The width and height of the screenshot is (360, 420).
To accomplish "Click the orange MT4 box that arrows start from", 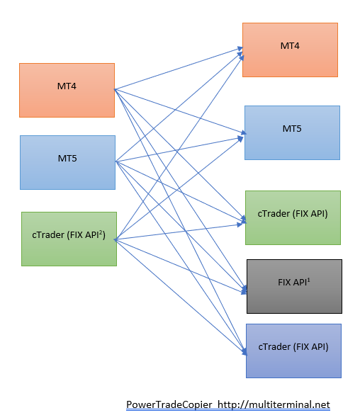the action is click(67, 90).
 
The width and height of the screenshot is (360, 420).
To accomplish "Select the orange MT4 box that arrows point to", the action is click(290, 50).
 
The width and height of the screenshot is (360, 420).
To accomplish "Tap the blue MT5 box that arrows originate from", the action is click(67, 162).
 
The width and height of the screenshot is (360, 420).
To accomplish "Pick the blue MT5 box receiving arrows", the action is click(292, 133).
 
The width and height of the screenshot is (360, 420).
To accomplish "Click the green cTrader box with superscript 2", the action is click(69, 239).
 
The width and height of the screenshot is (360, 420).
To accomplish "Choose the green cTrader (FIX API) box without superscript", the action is click(293, 217).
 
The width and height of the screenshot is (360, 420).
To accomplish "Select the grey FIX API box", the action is click(294, 286).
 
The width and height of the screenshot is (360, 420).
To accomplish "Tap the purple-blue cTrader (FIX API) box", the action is click(294, 351).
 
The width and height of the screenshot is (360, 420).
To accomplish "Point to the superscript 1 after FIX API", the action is click(308, 280).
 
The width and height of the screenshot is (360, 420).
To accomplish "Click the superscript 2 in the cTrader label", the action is click(101, 232).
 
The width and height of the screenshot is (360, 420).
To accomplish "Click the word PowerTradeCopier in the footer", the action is click(169, 404).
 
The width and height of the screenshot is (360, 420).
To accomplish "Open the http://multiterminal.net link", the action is click(274, 404).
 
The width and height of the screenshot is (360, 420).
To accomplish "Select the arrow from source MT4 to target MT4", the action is click(179, 69).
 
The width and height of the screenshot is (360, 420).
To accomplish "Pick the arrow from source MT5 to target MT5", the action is click(179, 149).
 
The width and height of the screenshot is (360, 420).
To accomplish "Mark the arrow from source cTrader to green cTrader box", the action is click(179, 232).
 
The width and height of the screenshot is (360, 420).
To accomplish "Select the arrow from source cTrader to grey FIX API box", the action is click(181, 266).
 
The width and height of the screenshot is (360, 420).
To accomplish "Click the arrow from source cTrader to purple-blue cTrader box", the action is click(181, 297).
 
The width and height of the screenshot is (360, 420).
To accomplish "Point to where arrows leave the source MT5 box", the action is click(116, 161).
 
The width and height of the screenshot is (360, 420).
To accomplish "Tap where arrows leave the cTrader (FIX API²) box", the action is click(116, 239).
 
